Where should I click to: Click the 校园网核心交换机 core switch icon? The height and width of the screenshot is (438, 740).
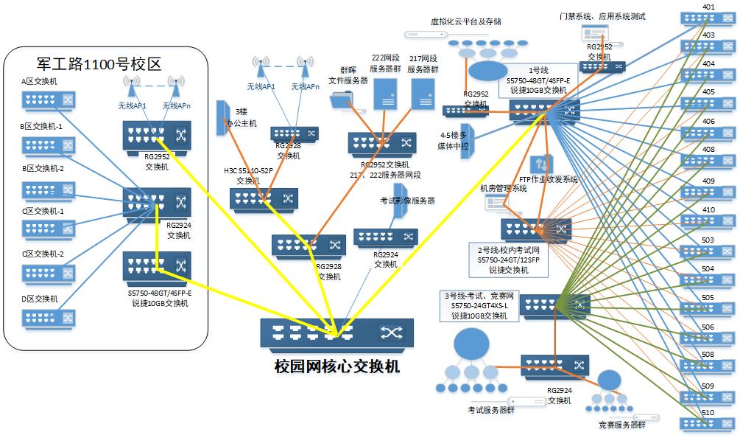point(336,333)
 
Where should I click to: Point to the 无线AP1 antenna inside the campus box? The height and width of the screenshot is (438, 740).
point(133,87)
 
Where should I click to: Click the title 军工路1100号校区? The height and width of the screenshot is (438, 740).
point(99,63)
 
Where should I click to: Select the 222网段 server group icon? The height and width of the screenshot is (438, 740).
point(385,94)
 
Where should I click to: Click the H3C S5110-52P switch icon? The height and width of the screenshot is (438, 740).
point(263,198)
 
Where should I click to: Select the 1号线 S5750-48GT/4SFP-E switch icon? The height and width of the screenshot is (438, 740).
point(545,111)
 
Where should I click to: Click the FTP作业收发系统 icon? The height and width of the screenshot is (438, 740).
point(542,164)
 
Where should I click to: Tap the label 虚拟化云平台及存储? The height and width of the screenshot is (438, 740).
point(466,21)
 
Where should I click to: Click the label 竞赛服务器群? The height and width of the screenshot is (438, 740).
point(617,425)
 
